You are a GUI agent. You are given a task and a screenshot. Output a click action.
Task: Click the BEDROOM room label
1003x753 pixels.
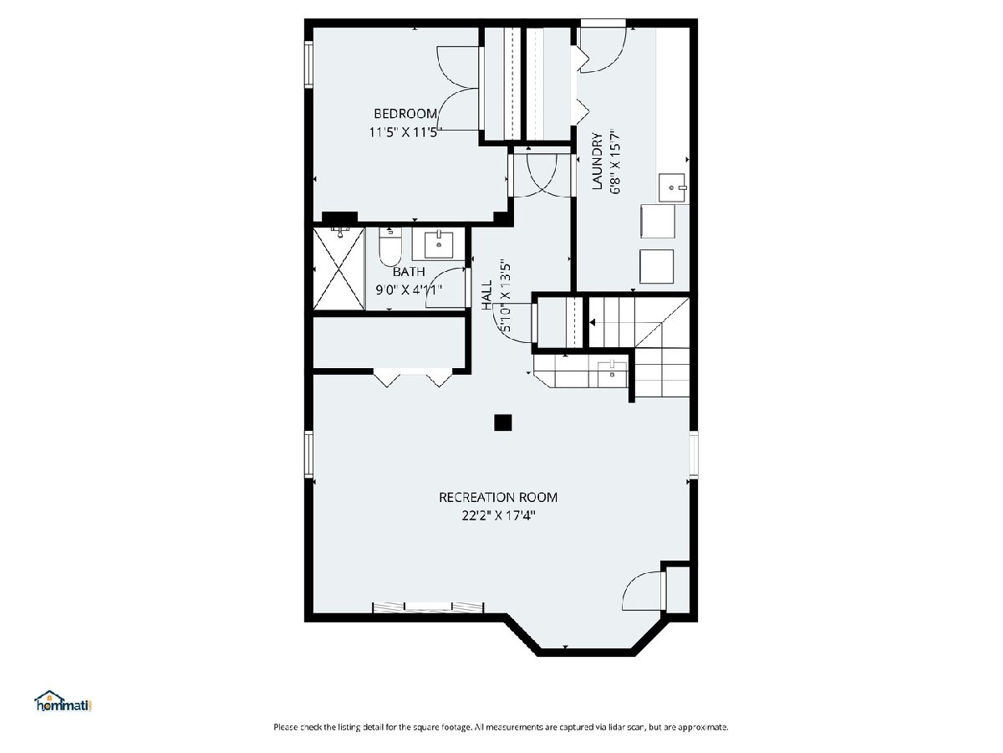405,114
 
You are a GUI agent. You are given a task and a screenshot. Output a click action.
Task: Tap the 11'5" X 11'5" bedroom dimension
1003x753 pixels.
403,132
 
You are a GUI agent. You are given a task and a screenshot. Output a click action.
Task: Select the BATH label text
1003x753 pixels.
409,272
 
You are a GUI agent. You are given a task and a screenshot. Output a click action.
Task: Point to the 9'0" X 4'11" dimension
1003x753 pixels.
409,289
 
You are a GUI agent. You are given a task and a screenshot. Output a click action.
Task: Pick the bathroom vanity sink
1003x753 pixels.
439,244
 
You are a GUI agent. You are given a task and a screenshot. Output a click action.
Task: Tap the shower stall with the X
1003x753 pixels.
339,269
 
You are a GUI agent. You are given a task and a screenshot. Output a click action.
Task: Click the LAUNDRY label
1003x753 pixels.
597,161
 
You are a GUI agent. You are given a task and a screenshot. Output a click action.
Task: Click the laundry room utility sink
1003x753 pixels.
673,187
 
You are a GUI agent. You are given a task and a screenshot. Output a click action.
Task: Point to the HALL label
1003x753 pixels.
487,295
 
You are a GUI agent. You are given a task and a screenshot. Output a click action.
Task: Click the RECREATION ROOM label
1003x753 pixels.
498,497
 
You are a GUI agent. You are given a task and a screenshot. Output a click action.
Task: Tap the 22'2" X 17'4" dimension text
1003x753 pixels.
498,515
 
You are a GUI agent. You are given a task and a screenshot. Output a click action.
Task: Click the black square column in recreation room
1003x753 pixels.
502,423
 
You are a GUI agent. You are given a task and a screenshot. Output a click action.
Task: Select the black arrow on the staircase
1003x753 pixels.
593,323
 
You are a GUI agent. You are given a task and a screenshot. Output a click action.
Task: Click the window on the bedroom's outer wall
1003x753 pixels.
309,64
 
